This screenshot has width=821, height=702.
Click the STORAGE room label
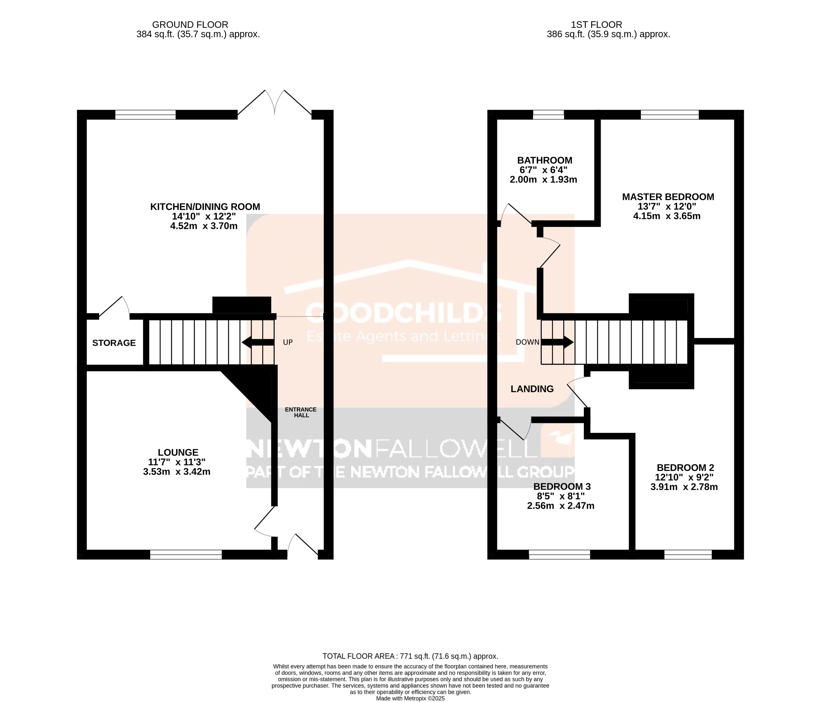tap(114, 343)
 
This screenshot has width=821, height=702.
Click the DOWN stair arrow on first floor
tap(557, 342)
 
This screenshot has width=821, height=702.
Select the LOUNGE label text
tap(178, 452)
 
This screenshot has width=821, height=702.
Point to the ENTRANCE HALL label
tap(301, 412)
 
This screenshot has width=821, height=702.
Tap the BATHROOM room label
tap(545, 160)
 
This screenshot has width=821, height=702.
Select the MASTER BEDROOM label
tap(668, 197)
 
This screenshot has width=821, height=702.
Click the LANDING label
tap(532, 389)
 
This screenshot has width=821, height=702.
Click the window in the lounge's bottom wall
tap(186, 555)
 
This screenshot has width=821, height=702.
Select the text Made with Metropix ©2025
tap(410, 698)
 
